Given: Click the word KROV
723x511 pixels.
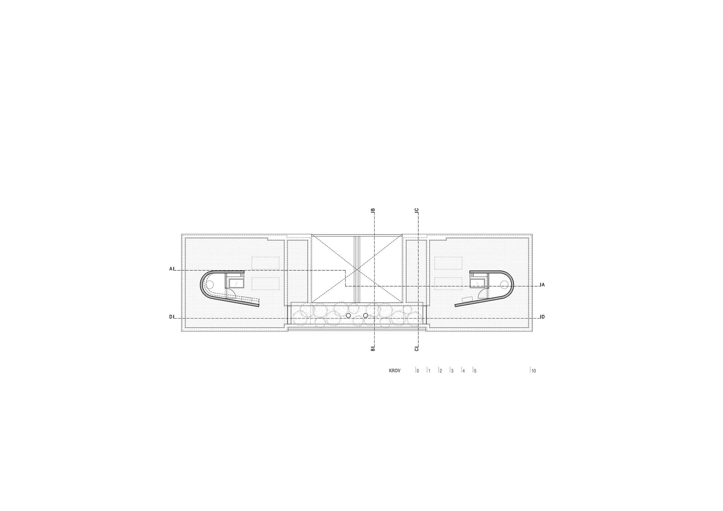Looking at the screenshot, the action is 395,371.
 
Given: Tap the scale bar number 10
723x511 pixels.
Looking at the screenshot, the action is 534,371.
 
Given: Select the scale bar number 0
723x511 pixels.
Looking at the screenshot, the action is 418,371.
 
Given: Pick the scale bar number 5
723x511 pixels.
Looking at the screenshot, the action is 475,371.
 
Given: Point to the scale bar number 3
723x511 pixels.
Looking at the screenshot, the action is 452,371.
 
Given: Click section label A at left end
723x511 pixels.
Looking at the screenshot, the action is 171,269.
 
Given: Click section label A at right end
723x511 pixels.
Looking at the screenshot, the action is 543,285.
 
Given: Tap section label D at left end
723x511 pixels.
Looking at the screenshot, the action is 171,317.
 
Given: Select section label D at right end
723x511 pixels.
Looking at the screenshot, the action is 543,317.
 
